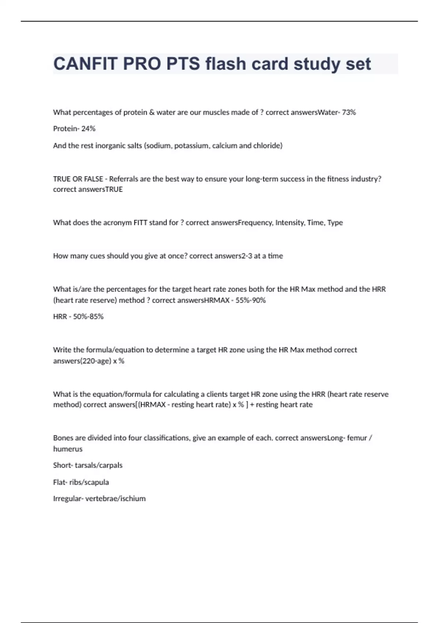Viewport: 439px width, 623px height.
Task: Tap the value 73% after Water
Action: [349, 113]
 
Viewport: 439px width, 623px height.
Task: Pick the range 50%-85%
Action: [88, 317]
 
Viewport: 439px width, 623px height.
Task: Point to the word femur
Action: [357, 438]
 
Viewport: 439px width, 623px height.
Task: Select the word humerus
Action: [68, 449]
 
